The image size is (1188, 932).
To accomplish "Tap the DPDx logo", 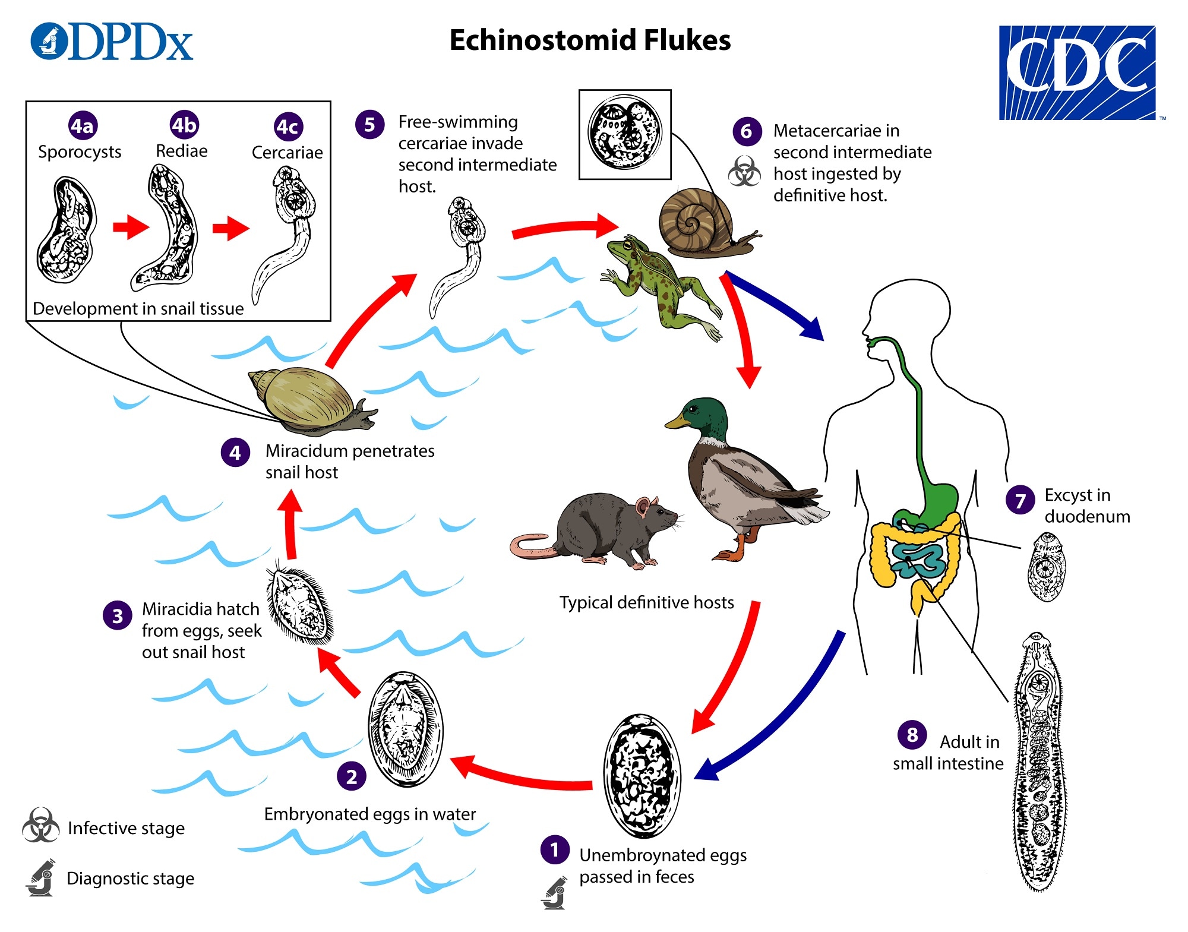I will pos(112,42).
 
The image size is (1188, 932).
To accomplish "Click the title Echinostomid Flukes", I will pos(590,40).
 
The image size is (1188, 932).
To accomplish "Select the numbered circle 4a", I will pos(83,126).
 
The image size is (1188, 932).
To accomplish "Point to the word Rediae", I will pos(181,151).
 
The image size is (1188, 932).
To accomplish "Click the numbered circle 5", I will pos(369,125).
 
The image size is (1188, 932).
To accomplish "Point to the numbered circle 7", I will pos(1020,500).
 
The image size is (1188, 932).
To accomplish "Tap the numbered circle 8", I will pos(912,735).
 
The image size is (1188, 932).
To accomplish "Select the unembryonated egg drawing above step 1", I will pos(642,775).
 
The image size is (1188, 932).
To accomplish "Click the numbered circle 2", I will pos(352,776).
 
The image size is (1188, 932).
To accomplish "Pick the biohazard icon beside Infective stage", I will pos(40,826).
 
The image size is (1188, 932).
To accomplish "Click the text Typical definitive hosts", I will pos(646,602).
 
